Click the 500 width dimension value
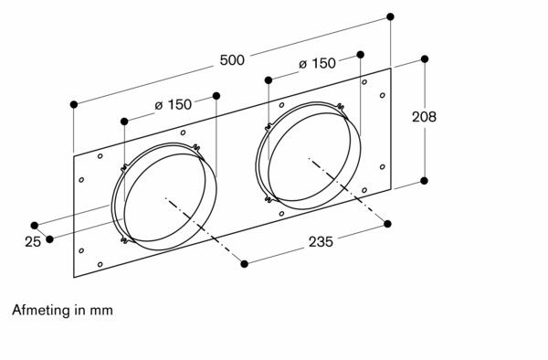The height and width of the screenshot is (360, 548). pos(232,60)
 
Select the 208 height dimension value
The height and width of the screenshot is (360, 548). pos(424,117)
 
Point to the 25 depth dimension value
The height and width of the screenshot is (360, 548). pos(33,242)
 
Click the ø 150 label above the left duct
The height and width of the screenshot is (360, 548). pos(173,105)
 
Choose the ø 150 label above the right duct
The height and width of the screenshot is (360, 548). pos(317,64)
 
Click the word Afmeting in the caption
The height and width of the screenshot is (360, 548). pos(41,311)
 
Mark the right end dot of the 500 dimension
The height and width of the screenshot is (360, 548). pos(391,16)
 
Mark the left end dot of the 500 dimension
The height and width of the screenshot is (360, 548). pos(73,105)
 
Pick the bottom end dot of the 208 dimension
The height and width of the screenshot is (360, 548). pos(425,180)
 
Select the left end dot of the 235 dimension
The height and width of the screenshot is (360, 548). pos(245,264)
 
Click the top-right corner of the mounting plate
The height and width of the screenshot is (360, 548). pos(391,69)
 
